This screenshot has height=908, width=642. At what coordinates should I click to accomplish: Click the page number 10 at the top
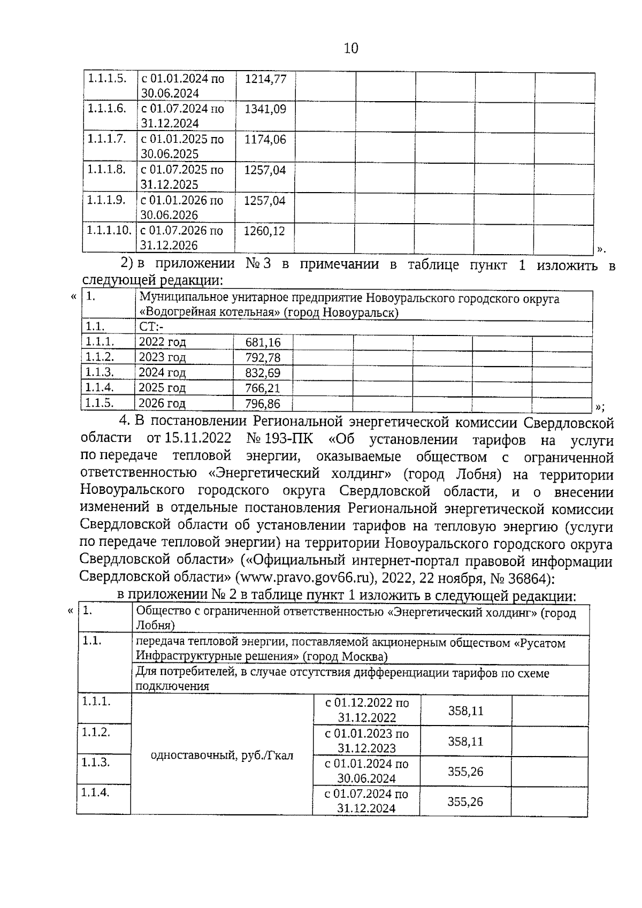(x=351, y=49)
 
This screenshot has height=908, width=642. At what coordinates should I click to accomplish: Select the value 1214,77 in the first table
(x=265, y=79)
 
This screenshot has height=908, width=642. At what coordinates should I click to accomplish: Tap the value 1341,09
(x=265, y=110)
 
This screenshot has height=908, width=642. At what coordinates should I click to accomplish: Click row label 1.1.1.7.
(x=107, y=139)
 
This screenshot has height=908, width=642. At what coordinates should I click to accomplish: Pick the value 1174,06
(x=265, y=140)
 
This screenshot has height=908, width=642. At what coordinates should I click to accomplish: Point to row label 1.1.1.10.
(x=109, y=231)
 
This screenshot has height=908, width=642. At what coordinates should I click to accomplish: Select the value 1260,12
(x=264, y=232)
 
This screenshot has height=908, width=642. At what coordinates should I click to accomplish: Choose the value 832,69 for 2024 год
(x=263, y=373)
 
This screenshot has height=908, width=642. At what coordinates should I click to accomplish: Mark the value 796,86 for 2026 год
(x=263, y=404)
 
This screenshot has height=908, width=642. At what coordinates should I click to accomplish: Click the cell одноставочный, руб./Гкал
(x=223, y=756)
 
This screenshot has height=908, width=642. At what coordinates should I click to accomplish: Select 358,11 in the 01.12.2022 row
(x=465, y=711)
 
